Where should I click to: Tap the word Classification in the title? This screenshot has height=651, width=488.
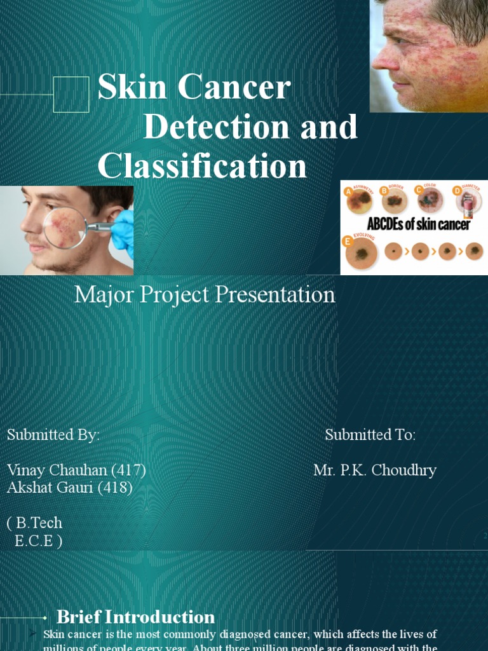pos(202,166)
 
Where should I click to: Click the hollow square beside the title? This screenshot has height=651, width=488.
pos(71,94)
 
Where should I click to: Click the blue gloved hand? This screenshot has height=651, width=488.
pos(123,231)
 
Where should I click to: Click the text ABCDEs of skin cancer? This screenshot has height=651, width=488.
pos(419,224)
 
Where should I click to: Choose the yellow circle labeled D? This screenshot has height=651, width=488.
pos(456,189)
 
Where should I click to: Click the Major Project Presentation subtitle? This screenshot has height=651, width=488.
pos(205,294)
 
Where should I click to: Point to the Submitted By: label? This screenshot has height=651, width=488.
pos(53,435)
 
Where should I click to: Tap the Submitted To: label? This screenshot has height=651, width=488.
pos(370,435)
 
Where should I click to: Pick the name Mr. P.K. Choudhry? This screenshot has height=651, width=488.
pos(375,470)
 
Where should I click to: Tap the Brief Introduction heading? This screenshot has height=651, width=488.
pos(135,617)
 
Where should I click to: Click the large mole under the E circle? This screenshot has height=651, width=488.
pos(362,254)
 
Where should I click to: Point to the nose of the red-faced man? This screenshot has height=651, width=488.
pos(384,59)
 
